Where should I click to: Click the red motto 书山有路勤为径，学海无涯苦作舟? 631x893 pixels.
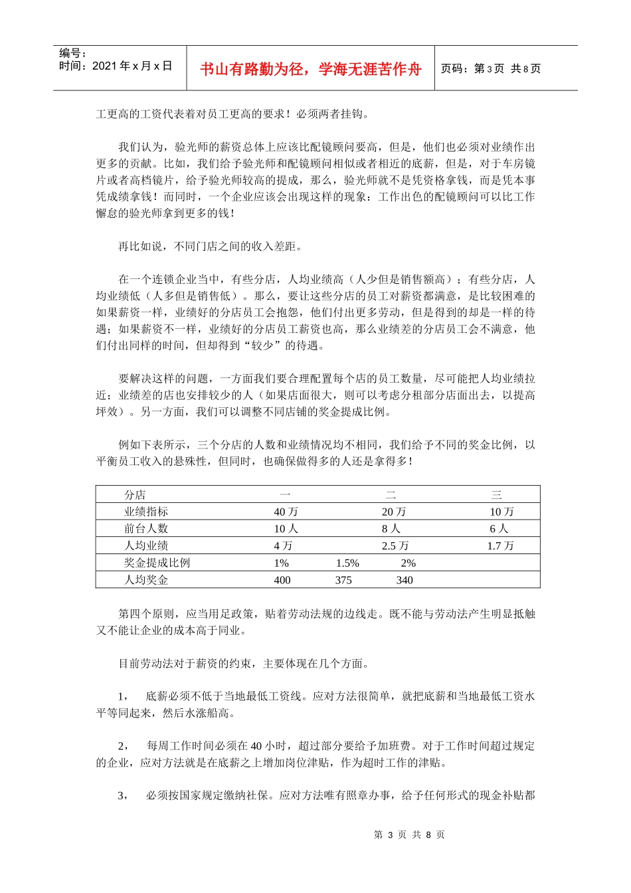pyautogui.click(x=311, y=69)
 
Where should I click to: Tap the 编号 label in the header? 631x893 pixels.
pyautogui.click(x=72, y=53)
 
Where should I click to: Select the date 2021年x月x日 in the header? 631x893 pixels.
pyautogui.click(x=132, y=66)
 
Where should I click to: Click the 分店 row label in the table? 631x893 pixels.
pyautogui.click(x=135, y=495)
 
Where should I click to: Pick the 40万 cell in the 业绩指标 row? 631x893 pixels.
pyautogui.click(x=286, y=512)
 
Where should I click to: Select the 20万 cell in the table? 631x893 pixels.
pyautogui.click(x=393, y=512)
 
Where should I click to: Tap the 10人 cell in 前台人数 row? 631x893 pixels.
pyautogui.click(x=286, y=529)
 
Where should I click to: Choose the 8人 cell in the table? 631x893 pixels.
pyautogui.click(x=391, y=529)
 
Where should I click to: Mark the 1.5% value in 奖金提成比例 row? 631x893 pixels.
pyautogui.click(x=347, y=563)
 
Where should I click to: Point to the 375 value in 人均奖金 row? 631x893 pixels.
pyautogui.click(x=343, y=580)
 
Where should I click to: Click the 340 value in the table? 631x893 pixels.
pyautogui.click(x=405, y=580)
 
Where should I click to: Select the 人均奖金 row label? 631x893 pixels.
pyautogui.click(x=146, y=580)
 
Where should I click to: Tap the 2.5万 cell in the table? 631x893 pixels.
pyautogui.click(x=395, y=546)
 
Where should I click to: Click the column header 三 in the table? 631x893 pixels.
pyautogui.click(x=496, y=495)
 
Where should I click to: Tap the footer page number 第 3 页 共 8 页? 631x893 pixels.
pyautogui.click(x=409, y=835)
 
